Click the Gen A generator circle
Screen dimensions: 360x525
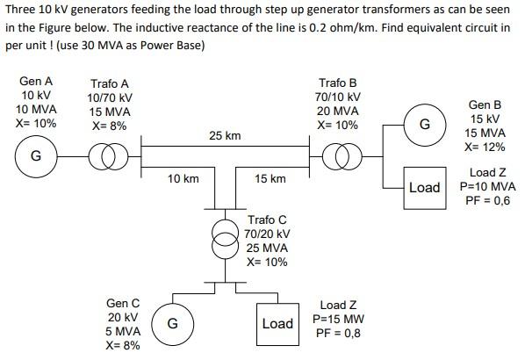[x=36, y=157]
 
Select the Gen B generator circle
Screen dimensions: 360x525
[x=424, y=125]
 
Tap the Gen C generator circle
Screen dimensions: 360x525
[x=173, y=323]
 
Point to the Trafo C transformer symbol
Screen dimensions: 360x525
[x=227, y=235]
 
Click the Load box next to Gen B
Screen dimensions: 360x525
[x=424, y=188]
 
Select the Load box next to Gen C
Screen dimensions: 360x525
[x=277, y=324]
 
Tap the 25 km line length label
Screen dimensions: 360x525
[x=225, y=136]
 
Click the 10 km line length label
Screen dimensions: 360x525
[x=183, y=178]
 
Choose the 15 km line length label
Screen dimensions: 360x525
[x=270, y=178]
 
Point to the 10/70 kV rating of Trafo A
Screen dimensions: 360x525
[x=110, y=97]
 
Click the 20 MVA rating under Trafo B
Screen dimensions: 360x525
[x=338, y=111]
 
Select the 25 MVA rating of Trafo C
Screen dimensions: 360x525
[x=267, y=248]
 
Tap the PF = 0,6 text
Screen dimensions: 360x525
[x=487, y=201]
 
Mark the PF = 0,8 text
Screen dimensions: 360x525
[x=337, y=334]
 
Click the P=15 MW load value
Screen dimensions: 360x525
[x=338, y=319]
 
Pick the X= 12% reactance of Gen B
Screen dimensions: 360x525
[x=485, y=147]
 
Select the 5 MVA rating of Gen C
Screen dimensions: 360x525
[x=122, y=331]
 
